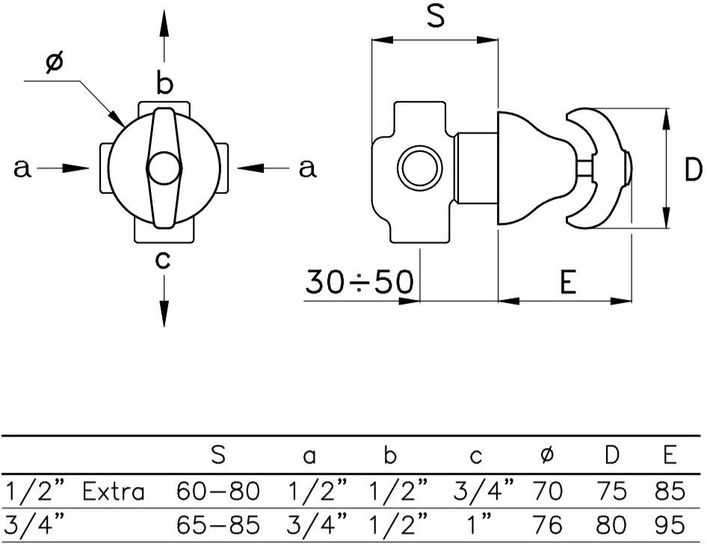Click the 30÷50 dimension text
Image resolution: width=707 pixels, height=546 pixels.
(x=359, y=282)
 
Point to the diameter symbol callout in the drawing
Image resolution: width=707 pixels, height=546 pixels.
(x=54, y=64)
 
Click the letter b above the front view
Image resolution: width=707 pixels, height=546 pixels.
(x=164, y=83)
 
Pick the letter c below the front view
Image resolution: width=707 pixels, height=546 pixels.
(x=164, y=260)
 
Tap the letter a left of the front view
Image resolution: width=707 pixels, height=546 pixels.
(x=22, y=169)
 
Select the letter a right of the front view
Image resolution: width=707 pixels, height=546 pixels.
(x=307, y=169)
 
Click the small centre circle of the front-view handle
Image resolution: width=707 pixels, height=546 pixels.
(x=164, y=168)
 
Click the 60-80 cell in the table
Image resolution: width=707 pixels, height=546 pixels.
(x=218, y=491)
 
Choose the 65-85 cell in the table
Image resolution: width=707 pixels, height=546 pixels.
(x=218, y=525)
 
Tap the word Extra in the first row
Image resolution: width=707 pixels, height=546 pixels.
(x=114, y=491)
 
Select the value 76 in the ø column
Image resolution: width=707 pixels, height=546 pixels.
(x=547, y=525)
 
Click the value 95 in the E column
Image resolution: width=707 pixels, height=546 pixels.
(x=668, y=525)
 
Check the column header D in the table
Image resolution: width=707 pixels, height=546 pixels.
(x=611, y=454)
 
